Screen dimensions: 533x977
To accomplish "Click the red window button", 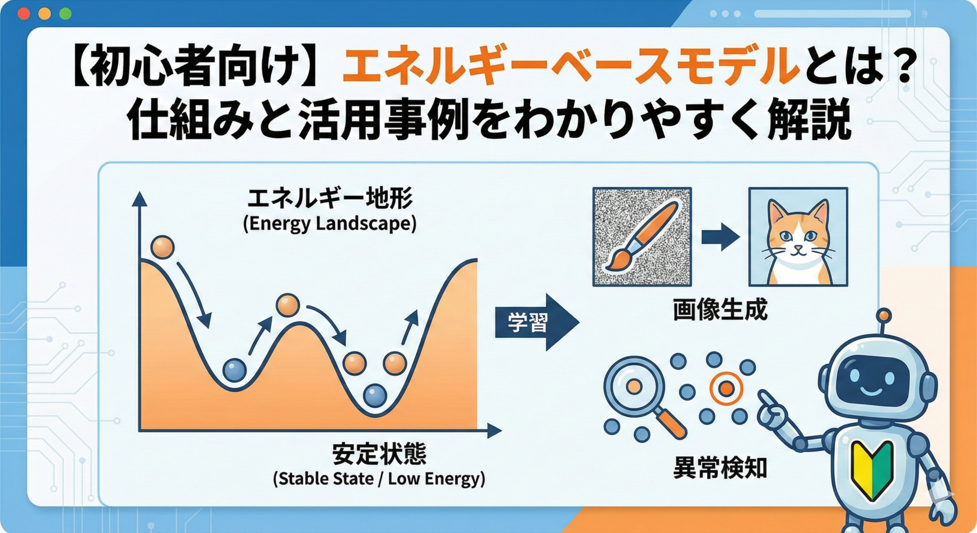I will (24, 13).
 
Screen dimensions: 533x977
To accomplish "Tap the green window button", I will (65, 13).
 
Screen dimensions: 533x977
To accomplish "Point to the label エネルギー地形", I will (330, 199).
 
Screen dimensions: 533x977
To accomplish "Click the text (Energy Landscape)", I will (330, 223).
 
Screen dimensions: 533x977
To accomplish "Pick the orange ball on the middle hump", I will (288, 305).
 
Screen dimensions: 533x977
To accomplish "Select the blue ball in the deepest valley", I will (375, 395).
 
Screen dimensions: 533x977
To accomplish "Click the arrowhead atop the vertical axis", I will (139, 199).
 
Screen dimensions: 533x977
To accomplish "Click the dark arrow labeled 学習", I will (537, 323).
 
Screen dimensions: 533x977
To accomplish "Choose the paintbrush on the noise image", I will (642, 236).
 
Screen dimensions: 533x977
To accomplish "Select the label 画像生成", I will (720, 310).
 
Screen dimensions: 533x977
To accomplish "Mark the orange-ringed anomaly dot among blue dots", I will (726, 388).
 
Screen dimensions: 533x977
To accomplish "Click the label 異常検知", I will (720, 467).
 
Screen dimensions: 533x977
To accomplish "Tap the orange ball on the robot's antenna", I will (884, 315).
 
